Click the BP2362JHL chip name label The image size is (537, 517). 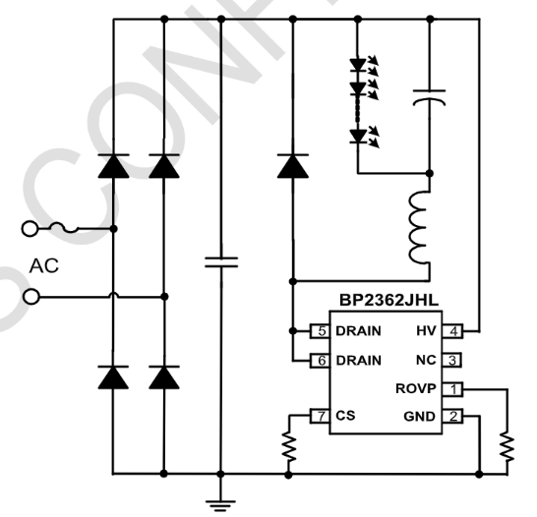pyautogui.click(x=378, y=306)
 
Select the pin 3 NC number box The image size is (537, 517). pyautogui.click(x=454, y=360)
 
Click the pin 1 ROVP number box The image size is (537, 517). pyautogui.click(x=454, y=389)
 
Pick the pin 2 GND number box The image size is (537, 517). pyautogui.click(x=454, y=417)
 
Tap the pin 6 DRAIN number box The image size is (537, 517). pyautogui.click(x=320, y=360)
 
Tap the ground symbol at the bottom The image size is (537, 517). pyautogui.click(x=220, y=497)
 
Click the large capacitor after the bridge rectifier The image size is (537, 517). pyautogui.click(x=220, y=261)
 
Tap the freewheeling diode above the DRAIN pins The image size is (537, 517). pyautogui.click(x=292, y=165)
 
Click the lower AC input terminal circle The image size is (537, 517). pyautogui.click(x=30, y=295)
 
